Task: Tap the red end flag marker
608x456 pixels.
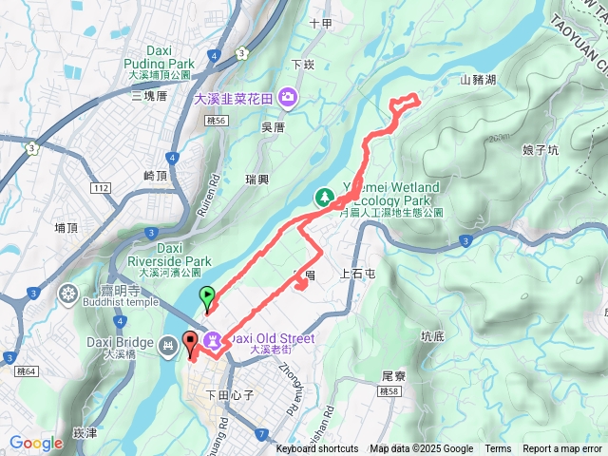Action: [x=188, y=341]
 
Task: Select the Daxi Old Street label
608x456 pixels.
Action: [x=268, y=338]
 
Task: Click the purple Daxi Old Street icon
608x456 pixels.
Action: [x=214, y=338]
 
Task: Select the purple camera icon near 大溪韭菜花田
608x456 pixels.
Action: [x=289, y=97]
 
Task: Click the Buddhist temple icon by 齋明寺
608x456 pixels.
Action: [x=69, y=292]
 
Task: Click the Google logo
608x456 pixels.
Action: [x=36, y=443]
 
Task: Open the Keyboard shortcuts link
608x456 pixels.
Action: [x=317, y=449]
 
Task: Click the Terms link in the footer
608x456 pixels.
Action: [x=498, y=449]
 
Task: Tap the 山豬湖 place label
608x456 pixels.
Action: [x=478, y=80]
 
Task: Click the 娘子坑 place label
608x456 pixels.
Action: [x=541, y=150]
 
